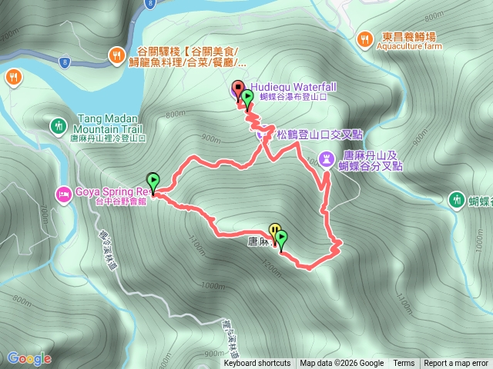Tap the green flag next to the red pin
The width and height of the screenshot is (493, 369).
(247, 98)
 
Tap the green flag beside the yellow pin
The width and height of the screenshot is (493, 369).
(281, 238)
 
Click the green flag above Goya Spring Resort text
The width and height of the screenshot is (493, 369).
(153, 181)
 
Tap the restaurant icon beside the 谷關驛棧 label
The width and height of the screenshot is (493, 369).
(116, 54)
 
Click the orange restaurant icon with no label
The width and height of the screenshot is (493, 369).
(14, 76)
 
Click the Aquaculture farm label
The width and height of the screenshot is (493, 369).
(409, 46)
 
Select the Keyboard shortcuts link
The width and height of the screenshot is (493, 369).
(257, 364)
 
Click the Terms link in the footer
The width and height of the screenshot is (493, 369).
(404, 364)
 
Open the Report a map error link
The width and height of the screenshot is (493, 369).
(456, 364)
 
